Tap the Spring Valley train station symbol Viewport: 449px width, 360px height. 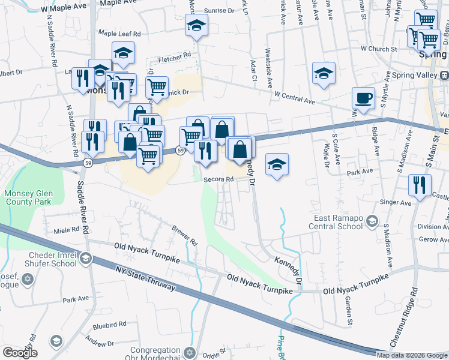click(445, 76)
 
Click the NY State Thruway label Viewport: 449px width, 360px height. click(147, 278)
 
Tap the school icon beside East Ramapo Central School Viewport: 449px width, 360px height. click(372, 222)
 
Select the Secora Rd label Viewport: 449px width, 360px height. click(218, 179)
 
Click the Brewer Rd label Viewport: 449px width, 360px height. click(184, 236)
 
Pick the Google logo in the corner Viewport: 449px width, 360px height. click(19, 352)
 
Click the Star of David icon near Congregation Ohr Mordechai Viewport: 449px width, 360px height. click(190, 352)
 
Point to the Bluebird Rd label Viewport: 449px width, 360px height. click(109, 324)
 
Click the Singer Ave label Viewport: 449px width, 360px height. click(397, 203)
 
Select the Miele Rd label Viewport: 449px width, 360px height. click(67, 230)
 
